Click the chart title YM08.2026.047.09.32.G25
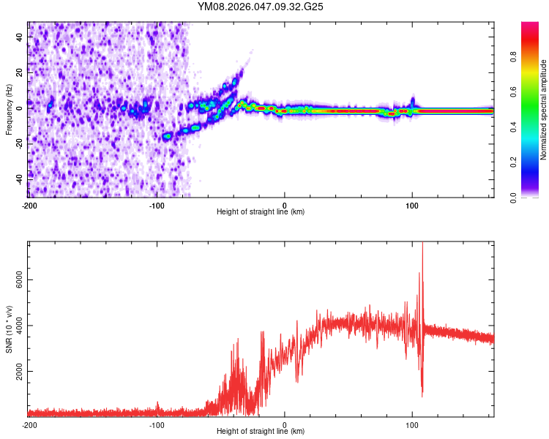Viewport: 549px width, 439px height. (261, 7)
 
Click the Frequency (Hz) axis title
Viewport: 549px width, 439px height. (9, 110)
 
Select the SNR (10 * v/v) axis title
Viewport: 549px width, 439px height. (9, 329)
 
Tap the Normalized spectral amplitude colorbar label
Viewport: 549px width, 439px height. (543, 110)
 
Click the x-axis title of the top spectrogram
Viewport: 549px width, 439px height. (261, 211)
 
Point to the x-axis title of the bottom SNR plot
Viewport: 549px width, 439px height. (261, 431)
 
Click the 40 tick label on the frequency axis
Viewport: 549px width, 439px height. (20, 36)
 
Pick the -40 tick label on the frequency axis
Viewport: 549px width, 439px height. (20, 178)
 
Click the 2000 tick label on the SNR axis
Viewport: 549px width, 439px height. (20, 372)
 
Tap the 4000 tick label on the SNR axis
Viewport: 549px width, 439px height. (20, 326)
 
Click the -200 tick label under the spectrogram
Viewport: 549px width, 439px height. (29, 205)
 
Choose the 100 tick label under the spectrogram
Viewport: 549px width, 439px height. (412, 205)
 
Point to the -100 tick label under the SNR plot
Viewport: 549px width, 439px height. (157, 424)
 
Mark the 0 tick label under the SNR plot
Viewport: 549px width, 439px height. (285, 424)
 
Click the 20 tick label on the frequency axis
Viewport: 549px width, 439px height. (20, 71)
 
